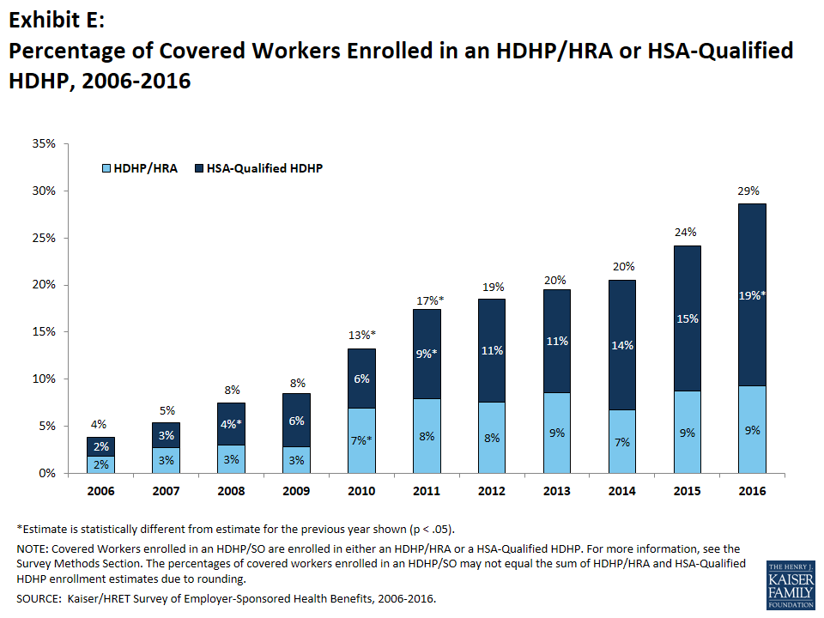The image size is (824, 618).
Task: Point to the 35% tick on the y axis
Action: pos(43,144)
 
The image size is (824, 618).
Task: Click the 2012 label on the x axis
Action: pos(492,492)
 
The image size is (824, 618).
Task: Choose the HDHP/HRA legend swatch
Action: pos(106,169)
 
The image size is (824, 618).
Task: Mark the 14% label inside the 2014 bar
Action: pos(622,345)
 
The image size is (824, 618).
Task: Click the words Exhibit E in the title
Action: pos(57,19)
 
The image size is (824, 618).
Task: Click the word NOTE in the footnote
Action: pos(35,548)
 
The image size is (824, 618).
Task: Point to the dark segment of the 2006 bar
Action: pos(100,446)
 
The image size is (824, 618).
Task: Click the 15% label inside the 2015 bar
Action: pos(688,318)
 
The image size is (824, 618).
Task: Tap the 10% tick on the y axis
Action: pos(43,379)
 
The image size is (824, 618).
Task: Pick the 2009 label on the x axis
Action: pos(296,492)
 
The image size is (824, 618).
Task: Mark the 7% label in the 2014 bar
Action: pos(622,442)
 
